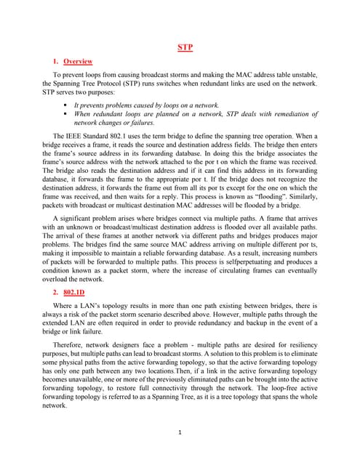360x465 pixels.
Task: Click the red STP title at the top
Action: [185, 48]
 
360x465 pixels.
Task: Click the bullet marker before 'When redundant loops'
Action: [66, 114]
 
